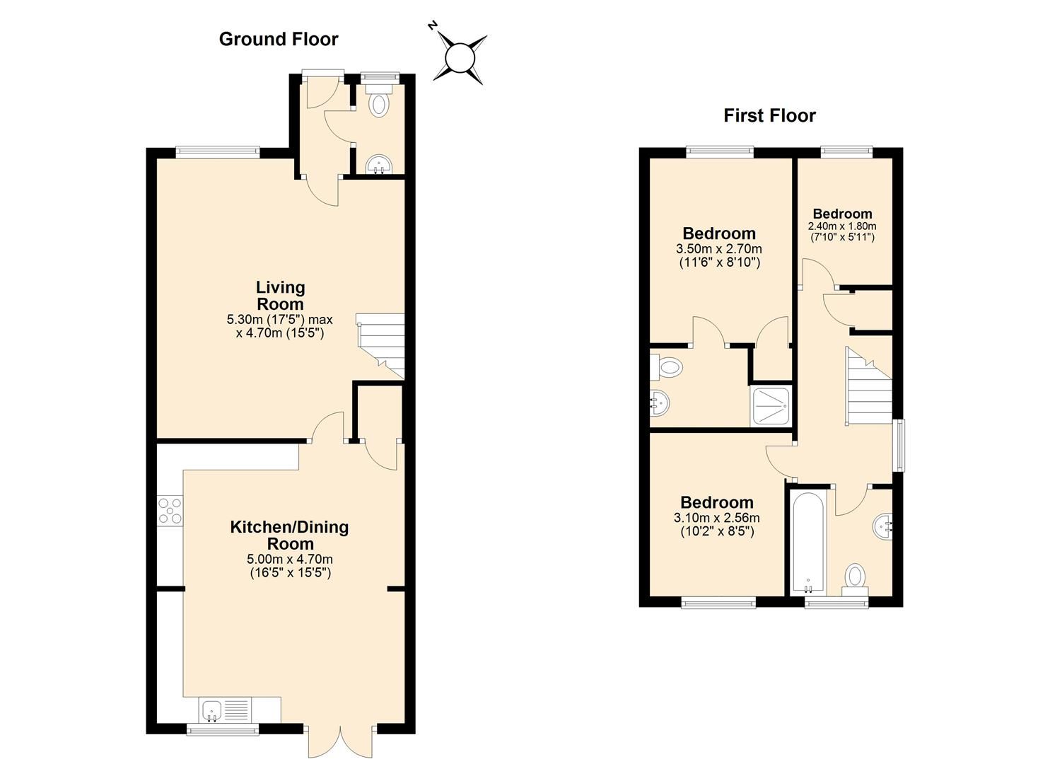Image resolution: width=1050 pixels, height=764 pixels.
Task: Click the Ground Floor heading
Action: pos(279,39)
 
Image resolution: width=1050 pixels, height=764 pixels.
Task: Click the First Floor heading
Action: pos(769,115)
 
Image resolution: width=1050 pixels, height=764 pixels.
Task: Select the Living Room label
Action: pos(280,296)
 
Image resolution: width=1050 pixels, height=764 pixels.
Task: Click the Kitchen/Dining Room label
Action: pos(289,536)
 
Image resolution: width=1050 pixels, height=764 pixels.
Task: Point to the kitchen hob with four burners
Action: pos(170,511)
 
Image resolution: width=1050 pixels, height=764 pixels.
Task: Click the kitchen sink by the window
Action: pos(212,709)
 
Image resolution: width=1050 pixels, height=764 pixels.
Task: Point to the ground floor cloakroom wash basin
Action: pos(379,166)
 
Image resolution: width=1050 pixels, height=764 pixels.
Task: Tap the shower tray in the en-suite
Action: pos(771,407)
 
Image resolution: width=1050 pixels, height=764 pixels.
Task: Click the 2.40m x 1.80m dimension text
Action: pos(842,226)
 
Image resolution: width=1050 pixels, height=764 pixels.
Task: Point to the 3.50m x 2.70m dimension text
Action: pos(719,249)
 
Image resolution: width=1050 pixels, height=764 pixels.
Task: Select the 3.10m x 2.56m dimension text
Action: pos(717,518)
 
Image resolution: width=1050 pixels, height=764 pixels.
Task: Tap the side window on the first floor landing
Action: pos(898,446)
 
